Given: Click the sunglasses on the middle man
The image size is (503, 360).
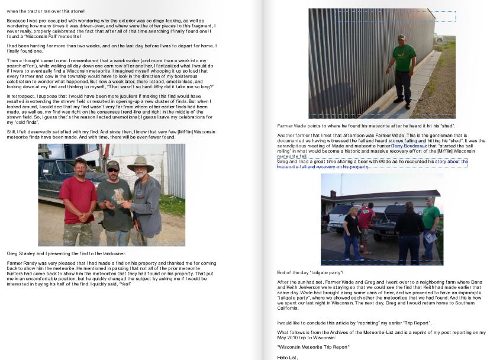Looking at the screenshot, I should pos(112,170).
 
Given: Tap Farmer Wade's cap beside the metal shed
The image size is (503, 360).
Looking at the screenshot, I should pos(402,38).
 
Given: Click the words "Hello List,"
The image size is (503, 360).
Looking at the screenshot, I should pos(288,358).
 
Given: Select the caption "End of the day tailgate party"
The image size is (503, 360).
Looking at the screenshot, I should pos(315,272).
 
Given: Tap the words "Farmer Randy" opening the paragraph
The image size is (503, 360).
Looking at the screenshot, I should pos(20,262).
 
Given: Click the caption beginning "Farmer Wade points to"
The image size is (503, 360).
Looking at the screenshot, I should pos(366,126).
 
